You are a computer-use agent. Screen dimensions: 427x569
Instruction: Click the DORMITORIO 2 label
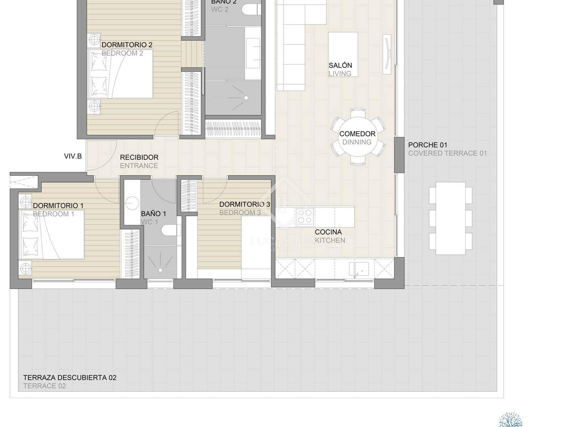(127, 45)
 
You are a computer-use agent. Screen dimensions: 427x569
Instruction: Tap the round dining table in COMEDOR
(357, 137)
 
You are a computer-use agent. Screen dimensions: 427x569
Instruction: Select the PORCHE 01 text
(427, 145)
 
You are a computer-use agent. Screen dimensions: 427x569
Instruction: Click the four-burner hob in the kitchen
(304, 217)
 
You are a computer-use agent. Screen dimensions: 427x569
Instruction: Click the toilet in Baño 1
(170, 230)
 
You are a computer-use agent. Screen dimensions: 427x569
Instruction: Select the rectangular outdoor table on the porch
(450, 218)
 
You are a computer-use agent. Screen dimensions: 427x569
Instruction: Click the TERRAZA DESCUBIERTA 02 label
(70, 378)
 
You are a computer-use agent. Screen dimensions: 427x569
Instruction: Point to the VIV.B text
(73, 156)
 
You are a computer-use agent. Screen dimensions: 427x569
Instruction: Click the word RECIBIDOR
(139, 157)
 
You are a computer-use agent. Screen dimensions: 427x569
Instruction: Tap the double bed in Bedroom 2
(121, 74)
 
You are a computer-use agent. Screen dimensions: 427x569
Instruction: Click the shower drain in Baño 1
(161, 270)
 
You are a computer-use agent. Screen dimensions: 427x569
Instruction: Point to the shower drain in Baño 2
(246, 97)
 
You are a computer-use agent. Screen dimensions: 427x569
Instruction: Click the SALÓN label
(340, 65)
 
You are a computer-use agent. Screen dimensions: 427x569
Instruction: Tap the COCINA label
(328, 232)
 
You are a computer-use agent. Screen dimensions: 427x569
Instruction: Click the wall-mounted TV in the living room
(387, 54)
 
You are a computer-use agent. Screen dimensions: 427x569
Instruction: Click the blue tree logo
(511, 420)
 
